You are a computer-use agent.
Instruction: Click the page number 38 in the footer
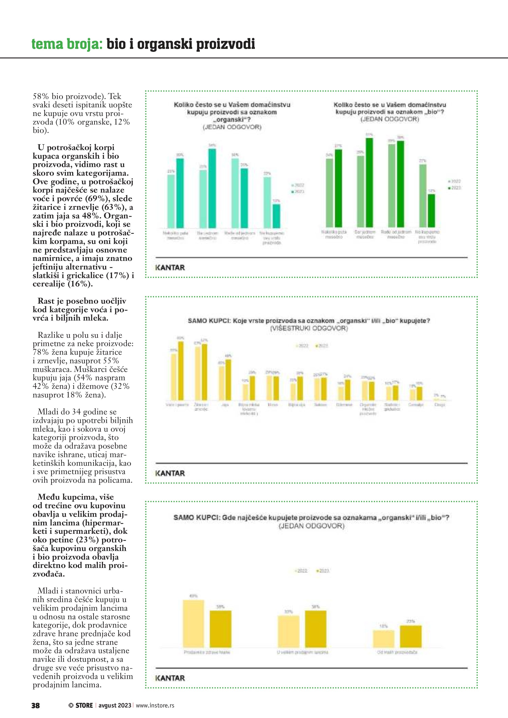pos(35,705)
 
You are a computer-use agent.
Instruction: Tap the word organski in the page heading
pos(165,44)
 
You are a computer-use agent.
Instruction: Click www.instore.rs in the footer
pos(155,705)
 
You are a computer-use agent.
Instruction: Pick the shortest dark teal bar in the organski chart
pos(276,216)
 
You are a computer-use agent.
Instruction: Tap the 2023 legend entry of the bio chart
pos(455,188)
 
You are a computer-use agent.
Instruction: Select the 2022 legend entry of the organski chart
pos(298,185)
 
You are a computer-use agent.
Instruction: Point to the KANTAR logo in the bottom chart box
pos(170,678)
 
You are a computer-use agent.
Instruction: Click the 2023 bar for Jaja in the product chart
pos(228,380)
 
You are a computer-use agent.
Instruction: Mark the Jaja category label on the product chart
pos(225,405)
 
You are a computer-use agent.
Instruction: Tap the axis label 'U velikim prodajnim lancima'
pos(302,652)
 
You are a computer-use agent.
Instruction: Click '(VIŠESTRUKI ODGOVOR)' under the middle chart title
pos(309,328)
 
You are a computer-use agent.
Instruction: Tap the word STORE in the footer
pos(84,705)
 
